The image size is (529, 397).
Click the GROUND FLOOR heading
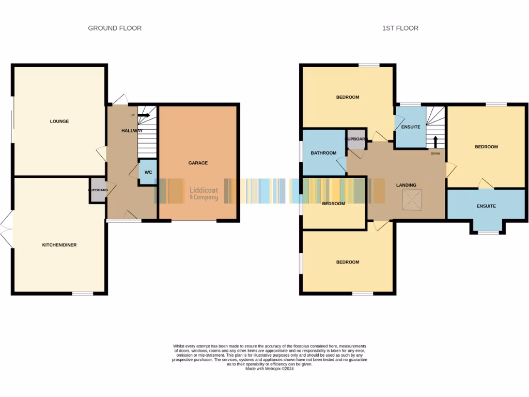point(115,28)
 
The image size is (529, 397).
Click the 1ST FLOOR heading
point(400,28)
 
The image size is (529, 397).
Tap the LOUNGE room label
point(59,121)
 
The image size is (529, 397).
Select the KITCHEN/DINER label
point(59,245)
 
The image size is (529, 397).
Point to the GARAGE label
point(198,163)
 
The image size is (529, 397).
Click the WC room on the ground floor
point(148,172)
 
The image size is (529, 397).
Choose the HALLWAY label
point(132,131)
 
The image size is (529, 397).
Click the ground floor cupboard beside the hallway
point(98,190)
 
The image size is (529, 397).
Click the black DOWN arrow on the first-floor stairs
point(435,141)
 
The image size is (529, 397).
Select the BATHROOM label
point(324,153)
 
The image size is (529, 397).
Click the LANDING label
point(406,185)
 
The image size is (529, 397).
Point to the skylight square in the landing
point(412,200)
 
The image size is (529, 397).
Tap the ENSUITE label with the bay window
point(486,206)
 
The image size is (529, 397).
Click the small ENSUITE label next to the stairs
point(411,127)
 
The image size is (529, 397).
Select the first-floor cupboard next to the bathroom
point(356,140)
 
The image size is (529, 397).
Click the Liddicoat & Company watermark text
point(204,194)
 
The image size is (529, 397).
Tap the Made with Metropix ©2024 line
point(270,369)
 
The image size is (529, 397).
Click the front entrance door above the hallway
point(120,100)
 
